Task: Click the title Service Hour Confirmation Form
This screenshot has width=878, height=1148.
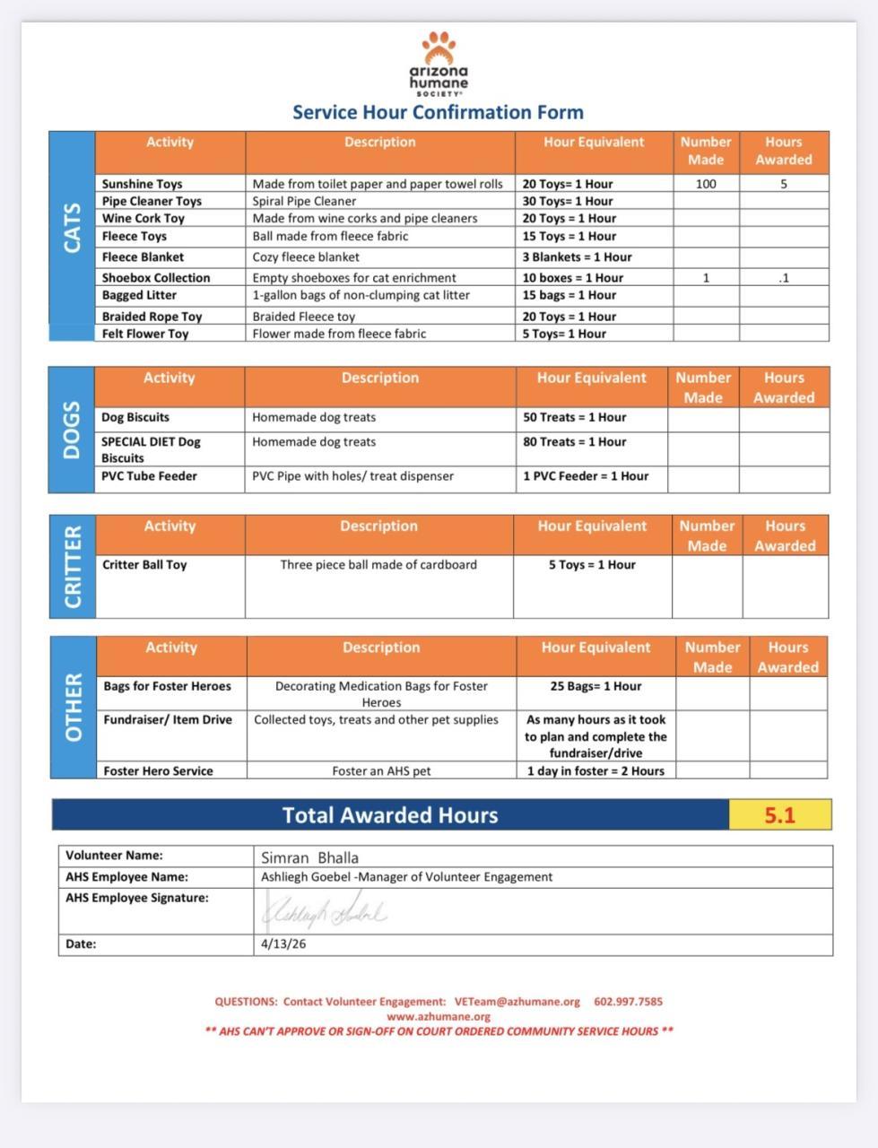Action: coord(438,112)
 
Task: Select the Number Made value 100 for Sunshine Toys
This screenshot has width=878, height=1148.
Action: coord(706,184)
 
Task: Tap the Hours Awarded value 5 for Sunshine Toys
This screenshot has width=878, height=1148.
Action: coord(783,184)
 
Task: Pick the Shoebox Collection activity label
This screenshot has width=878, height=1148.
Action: coord(156,278)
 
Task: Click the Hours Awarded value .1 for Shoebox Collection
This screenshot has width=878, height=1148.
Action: coord(783,278)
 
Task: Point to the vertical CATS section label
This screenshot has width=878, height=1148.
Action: coord(72,228)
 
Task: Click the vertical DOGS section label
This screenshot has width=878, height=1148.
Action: coord(72,430)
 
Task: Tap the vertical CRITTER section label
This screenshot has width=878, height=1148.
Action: coord(73,567)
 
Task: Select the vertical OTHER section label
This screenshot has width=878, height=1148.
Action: coord(74,708)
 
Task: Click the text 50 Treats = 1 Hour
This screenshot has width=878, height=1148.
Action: coord(575,417)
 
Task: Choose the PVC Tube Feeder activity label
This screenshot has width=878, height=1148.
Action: coord(149,476)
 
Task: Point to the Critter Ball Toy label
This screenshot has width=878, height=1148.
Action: coord(144,565)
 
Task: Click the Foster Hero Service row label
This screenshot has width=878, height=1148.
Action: coord(158,770)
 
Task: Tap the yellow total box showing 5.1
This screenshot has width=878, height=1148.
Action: coord(780,815)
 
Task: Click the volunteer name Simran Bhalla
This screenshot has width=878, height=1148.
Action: coord(309,857)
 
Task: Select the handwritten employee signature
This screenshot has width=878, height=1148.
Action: coord(325,912)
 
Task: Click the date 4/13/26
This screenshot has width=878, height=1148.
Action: coord(283,944)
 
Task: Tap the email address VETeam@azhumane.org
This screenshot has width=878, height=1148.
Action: coord(517,1002)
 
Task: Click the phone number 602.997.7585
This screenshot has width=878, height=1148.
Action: coord(628,1002)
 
